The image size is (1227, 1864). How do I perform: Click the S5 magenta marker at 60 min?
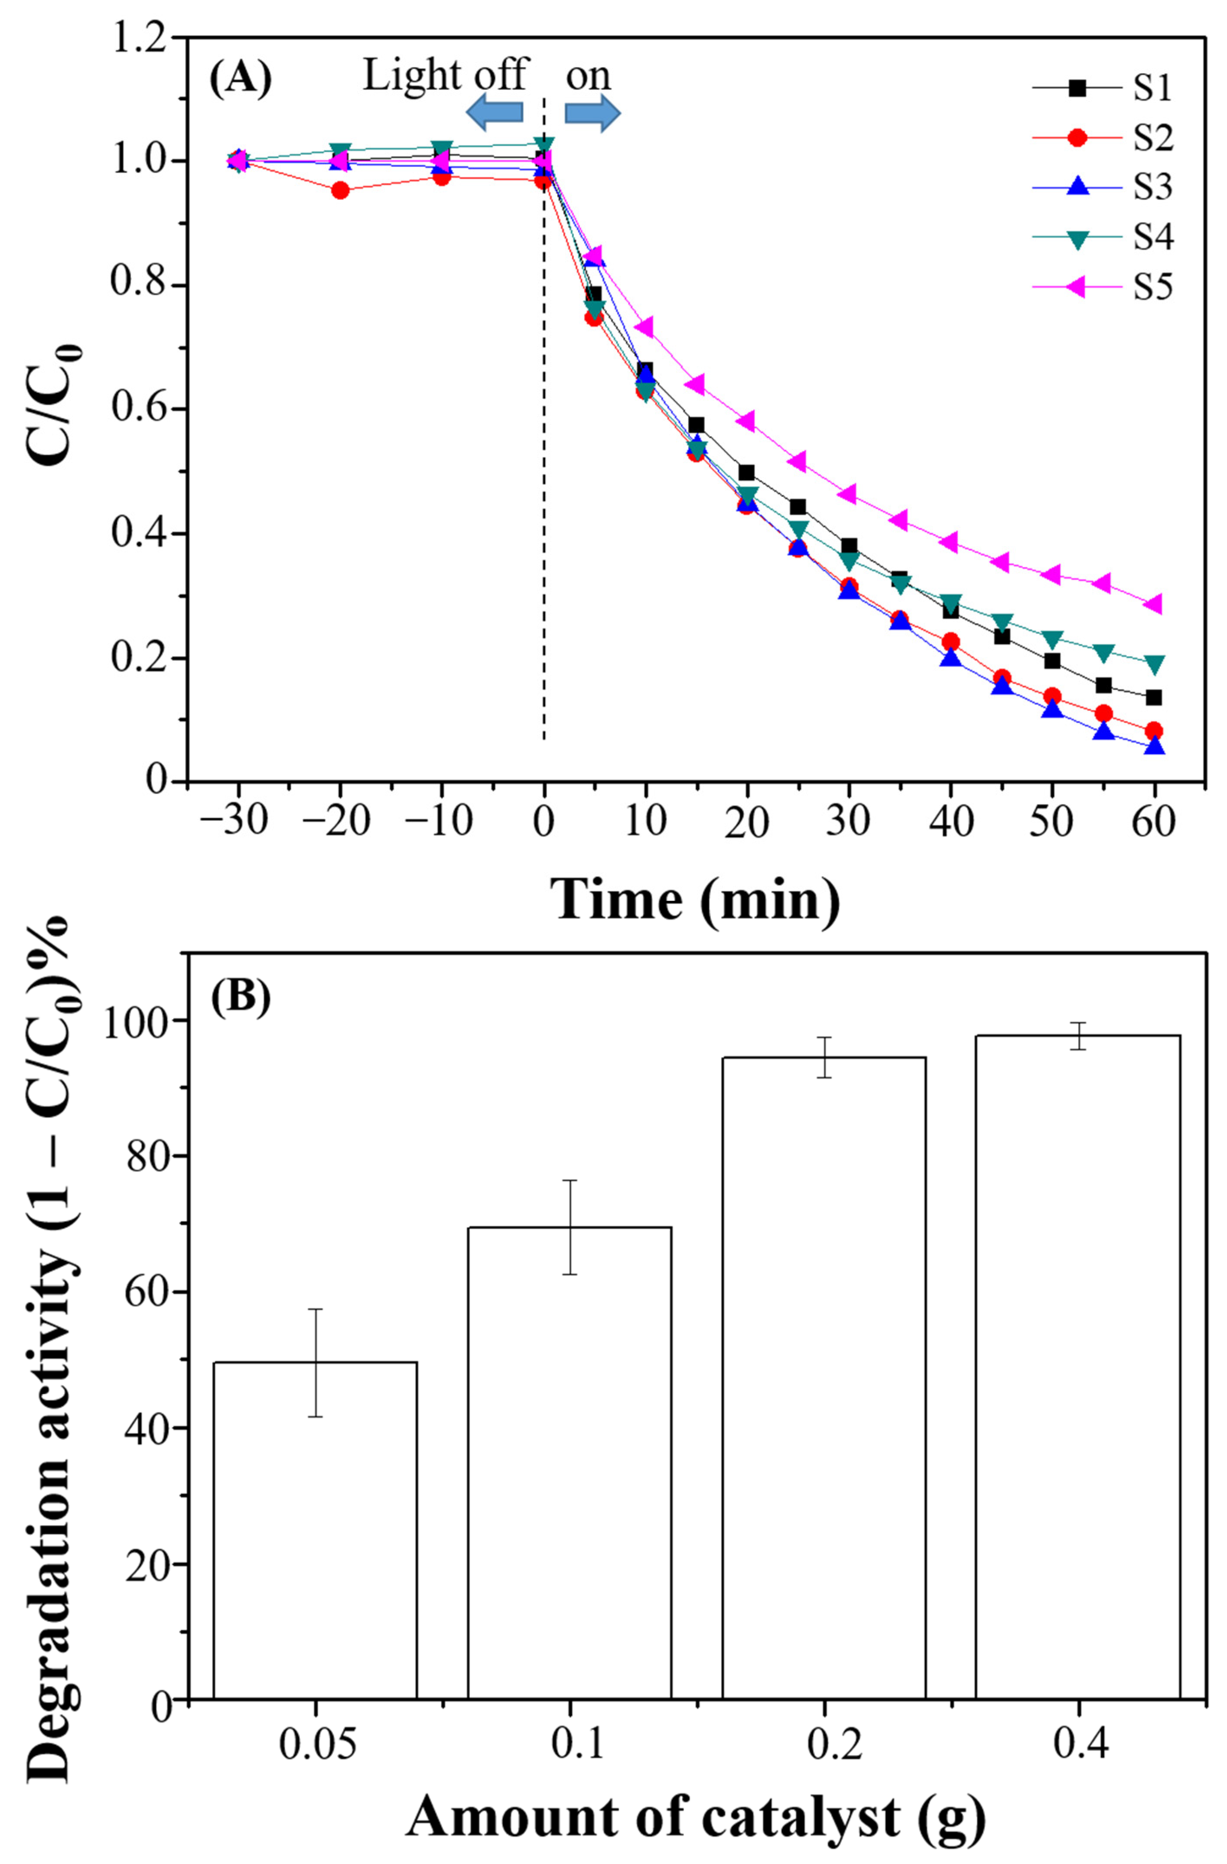pos(1152,604)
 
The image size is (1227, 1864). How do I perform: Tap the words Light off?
pos(444,76)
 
